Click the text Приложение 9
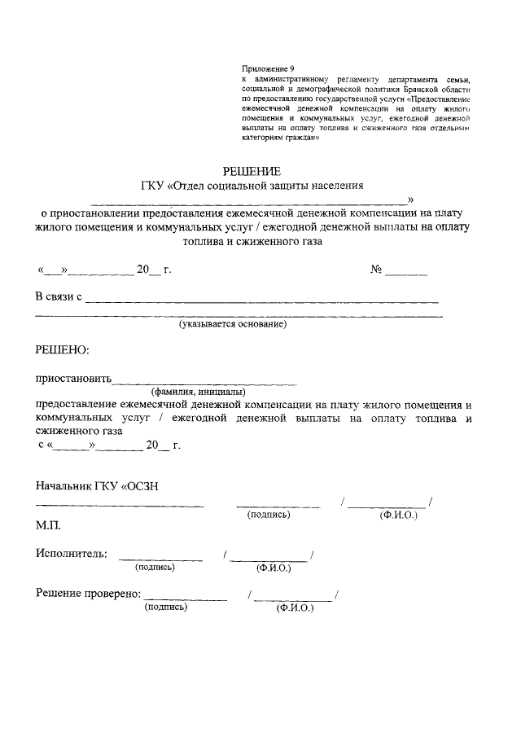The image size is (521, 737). click(x=268, y=68)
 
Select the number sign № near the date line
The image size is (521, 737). click(x=377, y=269)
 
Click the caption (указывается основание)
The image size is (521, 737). click(x=233, y=324)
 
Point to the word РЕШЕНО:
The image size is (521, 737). click(x=61, y=350)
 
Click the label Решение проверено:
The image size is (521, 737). click(x=89, y=594)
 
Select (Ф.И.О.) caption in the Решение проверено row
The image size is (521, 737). click(x=295, y=608)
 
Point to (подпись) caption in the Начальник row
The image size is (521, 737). click(x=269, y=514)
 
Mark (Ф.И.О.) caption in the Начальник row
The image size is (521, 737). click(x=398, y=516)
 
